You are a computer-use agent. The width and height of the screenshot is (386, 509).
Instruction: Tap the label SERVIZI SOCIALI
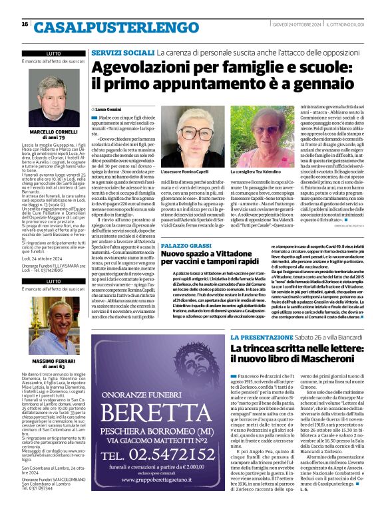click(x=122, y=51)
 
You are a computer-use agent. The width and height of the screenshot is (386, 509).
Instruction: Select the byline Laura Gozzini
click(x=108, y=108)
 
